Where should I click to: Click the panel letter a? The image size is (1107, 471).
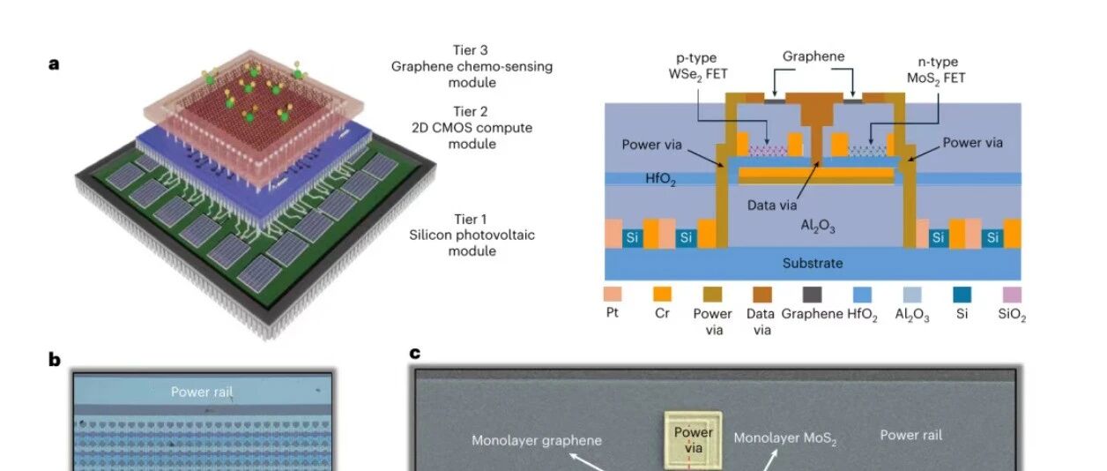tap(54, 64)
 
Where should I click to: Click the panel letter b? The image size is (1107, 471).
tap(55, 360)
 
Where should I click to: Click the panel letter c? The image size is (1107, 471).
tap(415, 353)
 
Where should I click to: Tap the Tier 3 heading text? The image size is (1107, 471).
tap(470, 50)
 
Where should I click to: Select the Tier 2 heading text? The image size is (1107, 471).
tap(470, 112)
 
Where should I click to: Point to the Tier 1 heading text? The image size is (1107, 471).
tap(470, 219)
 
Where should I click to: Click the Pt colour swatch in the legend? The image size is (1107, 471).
tap(613, 295)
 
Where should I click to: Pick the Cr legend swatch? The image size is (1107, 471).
tap(662, 295)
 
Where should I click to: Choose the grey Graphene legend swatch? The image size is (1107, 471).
tap(812, 295)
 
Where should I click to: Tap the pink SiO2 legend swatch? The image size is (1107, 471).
tap(1012, 295)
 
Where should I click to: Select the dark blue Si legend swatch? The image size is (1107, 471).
tap(962, 295)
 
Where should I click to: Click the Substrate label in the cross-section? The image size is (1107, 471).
tap(813, 263)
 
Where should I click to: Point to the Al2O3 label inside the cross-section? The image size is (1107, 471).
tap(818, 226)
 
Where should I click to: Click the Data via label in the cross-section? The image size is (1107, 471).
tap(772, 205)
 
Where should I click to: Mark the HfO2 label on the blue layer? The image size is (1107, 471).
tap(660, 178)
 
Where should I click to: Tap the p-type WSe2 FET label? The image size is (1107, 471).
tap(697, 67)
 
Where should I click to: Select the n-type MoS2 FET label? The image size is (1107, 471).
tap(937, 71)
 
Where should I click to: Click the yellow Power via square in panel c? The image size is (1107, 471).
tap(693, 440)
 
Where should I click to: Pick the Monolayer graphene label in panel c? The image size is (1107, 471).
tap(537, 440)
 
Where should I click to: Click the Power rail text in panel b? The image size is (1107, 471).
tap(202, 392)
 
